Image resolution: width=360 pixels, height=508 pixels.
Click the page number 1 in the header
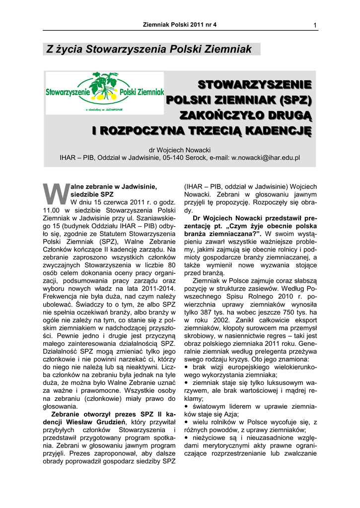(x=315, y=25)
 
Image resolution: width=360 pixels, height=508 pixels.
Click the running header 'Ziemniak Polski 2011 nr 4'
(x=180, y=24)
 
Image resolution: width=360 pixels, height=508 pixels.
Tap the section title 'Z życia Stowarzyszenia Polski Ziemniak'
(x=149, y=49)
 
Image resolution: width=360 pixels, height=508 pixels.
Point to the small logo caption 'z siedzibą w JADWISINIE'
(x=105, y=109)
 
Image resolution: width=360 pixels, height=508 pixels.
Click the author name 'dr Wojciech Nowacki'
(x=180, y=149)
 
